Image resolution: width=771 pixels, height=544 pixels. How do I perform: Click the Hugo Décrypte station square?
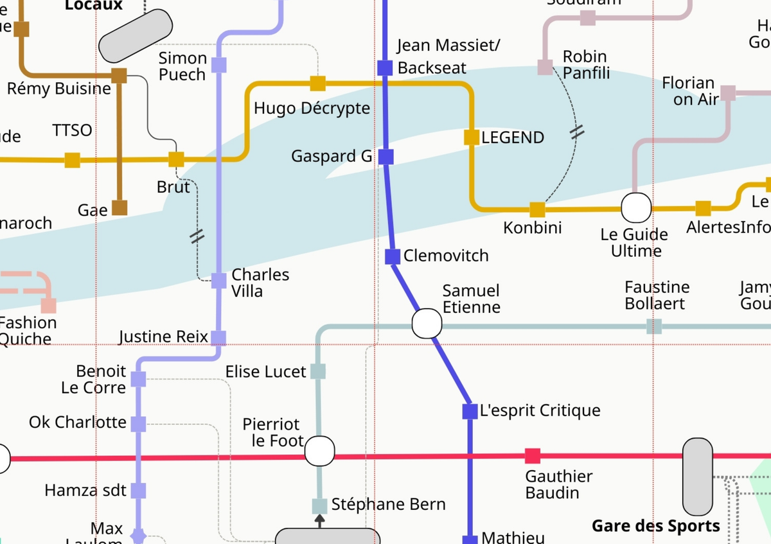click(x=318, y=83)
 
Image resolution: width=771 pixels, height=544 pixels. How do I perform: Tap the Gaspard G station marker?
click(x=385, y=157)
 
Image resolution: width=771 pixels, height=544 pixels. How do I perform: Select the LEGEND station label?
click(x=512, y=137)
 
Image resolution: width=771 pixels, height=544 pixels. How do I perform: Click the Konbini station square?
click(x=537, y=209)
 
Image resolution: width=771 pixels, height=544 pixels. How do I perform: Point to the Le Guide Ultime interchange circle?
click(x=636, y=208)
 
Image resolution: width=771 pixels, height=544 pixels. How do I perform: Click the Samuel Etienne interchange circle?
click(x=427, y=323)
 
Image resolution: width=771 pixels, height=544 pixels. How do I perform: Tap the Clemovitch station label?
click(x=446, y=256)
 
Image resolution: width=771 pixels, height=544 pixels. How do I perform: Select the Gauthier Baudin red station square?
click(x=533, y=456)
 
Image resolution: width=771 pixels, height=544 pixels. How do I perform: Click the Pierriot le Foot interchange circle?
click(x=319, y=451)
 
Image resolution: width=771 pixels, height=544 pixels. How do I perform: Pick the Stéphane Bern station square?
click(x=319, y=506)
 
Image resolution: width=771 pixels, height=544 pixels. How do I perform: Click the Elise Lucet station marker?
click(x=318, y=371)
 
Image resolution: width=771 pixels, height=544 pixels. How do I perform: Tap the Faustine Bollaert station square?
click(x=654, y=326)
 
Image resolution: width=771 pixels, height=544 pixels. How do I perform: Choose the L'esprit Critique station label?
click(x=540, y=411)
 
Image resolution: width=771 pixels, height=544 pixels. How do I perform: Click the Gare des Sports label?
click(x=655, y=526)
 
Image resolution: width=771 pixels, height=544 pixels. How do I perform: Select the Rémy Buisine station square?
click(x=119, y=76)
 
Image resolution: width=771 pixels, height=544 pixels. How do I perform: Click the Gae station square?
click(x=120, y=207)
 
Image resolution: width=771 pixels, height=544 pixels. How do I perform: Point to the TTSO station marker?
click(x=73, y=160)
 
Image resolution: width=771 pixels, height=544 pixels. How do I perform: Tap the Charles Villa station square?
click(x=219, y=281)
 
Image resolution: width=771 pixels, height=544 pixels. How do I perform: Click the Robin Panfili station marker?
click(x=545, y=67)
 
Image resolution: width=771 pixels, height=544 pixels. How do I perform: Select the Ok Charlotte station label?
click(x=78, y=423)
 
